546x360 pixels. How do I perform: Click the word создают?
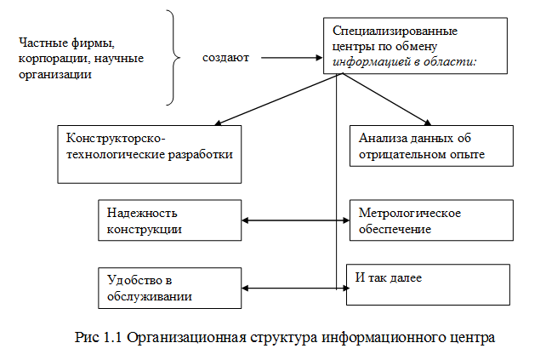pyautogui.click(x=226, y=59)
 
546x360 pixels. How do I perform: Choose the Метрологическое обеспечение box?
pyautogui.click(x=431, y=220)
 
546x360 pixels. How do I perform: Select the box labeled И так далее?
pyautogui.click(x=428, y=284)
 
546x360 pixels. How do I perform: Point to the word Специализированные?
pyautogui.click(x=384, y=31)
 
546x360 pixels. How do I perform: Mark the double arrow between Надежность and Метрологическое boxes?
pyautogui.click(x=295, y=220)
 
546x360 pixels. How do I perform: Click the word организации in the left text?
pyautogui.click(x=54, y=74)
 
